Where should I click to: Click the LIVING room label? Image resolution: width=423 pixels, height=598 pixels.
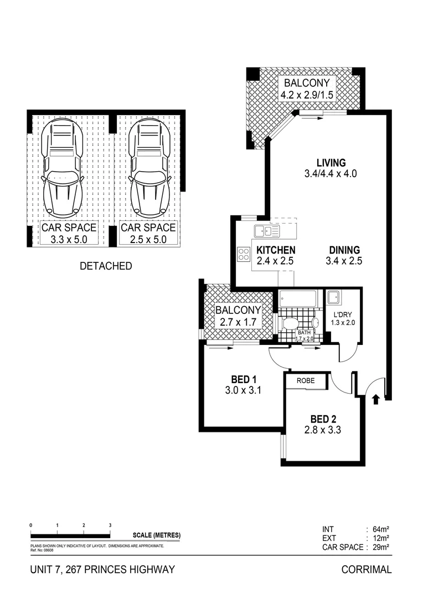tap(331, 163)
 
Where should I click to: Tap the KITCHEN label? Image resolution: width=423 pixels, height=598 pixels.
tap(275, 250)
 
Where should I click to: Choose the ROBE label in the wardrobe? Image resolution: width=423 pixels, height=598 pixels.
tap(306, 381)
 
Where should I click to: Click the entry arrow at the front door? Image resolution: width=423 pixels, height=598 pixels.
tap(376, 398)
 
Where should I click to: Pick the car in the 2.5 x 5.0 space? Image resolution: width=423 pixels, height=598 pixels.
tap(148, 169)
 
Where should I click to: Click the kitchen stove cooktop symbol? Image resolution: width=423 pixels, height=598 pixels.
tap(244, 254)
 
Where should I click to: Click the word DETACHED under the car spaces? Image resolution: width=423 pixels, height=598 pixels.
tap(106, 266)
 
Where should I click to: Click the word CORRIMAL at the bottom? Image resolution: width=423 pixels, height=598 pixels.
tap(367, 569)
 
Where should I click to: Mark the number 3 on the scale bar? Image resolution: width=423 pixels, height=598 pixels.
tap(110, 524)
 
